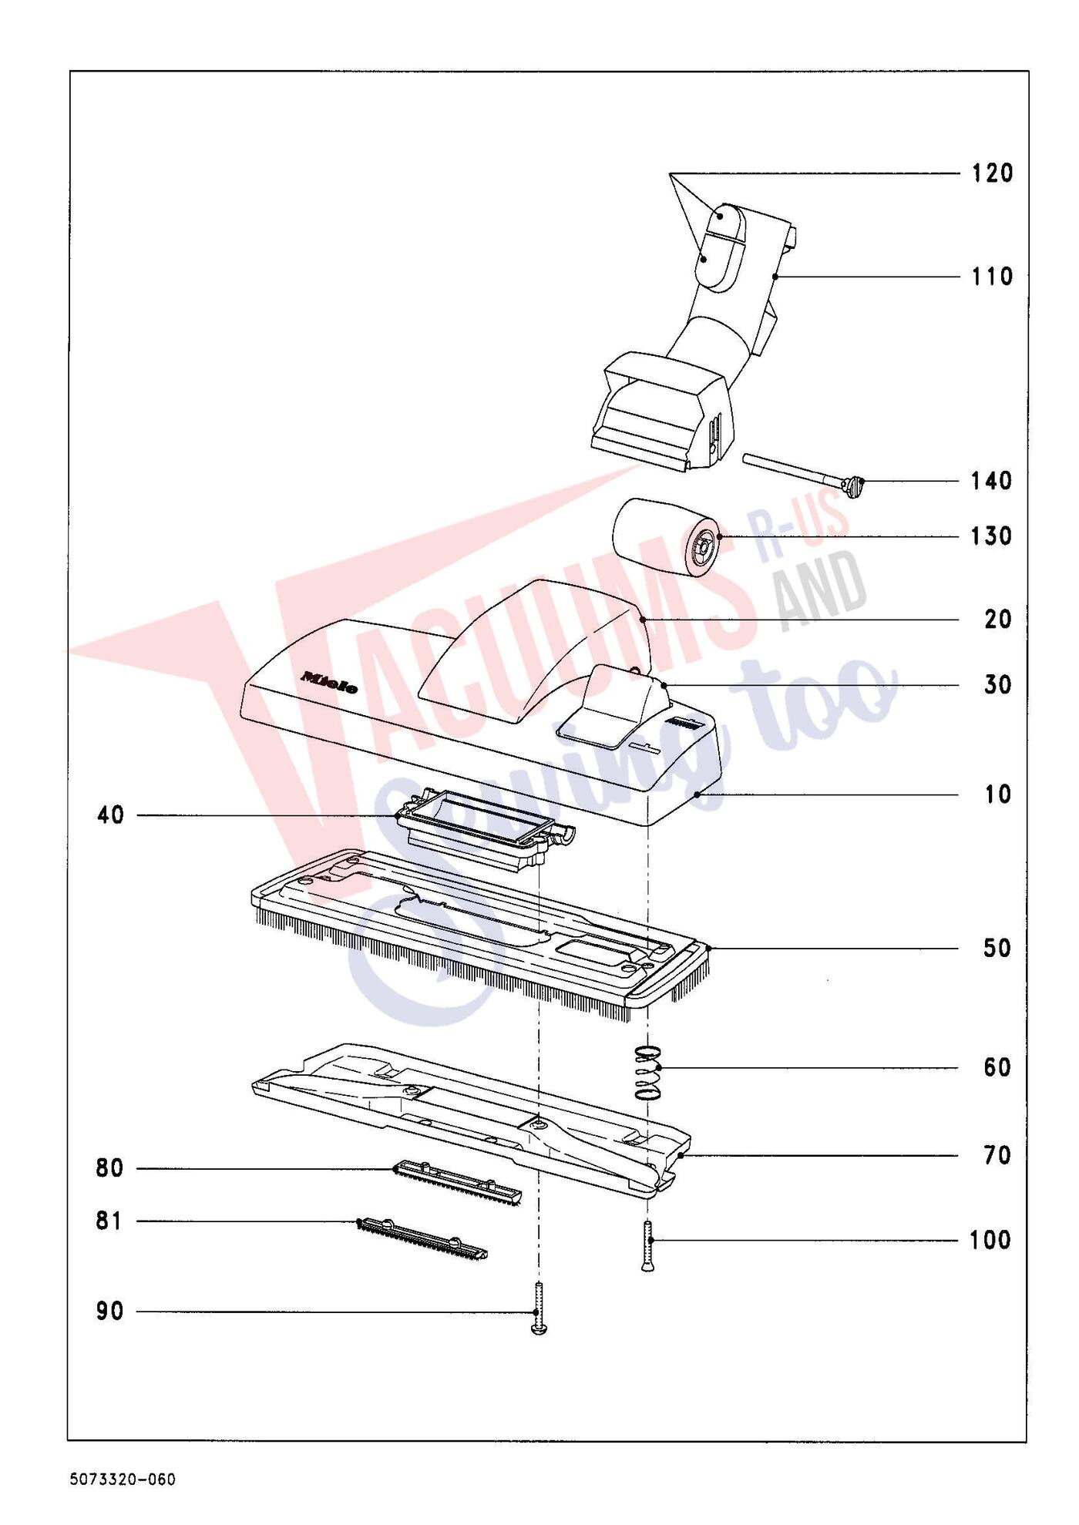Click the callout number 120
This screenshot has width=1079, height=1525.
pyautogui.click(x=992, y=173)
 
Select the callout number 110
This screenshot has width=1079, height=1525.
pyautogui.click(x=992, y=277)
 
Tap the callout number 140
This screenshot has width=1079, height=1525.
pyautogui.click(x=992, y=482)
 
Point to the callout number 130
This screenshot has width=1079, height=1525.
pyautogui.click(x=992, y=536)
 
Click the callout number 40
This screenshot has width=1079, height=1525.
pyautogui.click(x=111, y=815)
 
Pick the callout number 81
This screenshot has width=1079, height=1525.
pyautogui.click(x=109, y=1221)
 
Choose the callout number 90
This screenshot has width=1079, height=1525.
pyautogui.click(x=110, y=1312)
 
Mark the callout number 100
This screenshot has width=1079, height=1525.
pyautogui.click(x=991, y=1241)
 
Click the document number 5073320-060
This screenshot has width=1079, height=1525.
pyautogui.click(x=123, y=1480)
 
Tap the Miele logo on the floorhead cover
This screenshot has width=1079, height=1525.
pyautogui.click(x=329, y=682)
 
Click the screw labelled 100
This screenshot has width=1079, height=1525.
pyautogui.click(x=648, y=1246)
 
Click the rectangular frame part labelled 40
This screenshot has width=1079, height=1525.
pyautogui.click(x=486, y=828)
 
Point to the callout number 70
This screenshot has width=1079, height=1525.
pyautogui.click(x=997, y=1156)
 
